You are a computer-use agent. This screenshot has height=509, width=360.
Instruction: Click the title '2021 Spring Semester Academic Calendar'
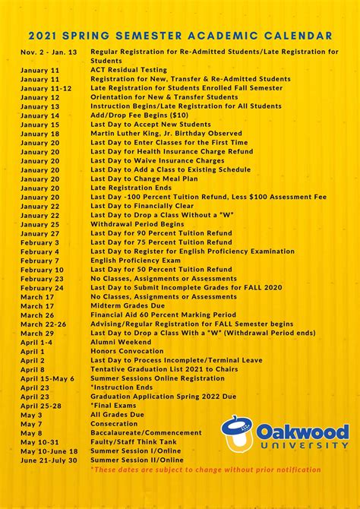click(180, 35)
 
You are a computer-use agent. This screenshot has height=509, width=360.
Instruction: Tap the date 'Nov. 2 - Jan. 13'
click(49, 52)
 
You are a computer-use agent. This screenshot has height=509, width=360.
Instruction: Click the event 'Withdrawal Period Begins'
click(137, 224)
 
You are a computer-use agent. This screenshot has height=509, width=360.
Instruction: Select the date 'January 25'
click(39, 224)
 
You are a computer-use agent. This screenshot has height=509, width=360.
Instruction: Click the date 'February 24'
click(42, 288)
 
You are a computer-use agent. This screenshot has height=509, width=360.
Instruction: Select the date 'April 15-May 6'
click(47, 378)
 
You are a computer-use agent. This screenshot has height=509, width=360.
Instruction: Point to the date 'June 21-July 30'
click(49, 460)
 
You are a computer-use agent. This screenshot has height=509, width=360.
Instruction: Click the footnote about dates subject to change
click(205, 469)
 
